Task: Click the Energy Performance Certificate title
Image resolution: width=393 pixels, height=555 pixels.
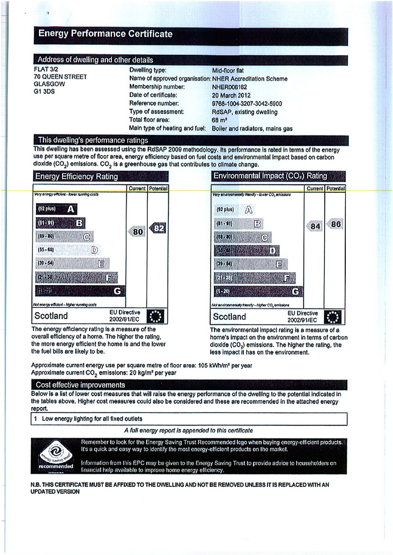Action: pyautogui.click(x=105, y=35)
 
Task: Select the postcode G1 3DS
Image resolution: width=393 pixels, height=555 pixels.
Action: pyautogui.click(x=45, y=92)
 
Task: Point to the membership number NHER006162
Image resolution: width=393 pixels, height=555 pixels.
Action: pyautogui.click(x=229, y=87)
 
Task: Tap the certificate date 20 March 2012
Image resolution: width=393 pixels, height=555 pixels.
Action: pyautogui.click(x=231, y=95)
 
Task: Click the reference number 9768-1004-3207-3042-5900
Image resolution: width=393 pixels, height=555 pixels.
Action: pyautogui.click(x=246, y=104)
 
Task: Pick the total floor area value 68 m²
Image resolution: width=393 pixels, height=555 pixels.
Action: pyautogui.click(x=219, y=120)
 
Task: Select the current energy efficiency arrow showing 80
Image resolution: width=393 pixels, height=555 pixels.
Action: pyautogui.click(x=137, y=231)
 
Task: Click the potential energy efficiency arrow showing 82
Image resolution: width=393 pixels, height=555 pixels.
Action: pyautogui.click(x=158, y=229)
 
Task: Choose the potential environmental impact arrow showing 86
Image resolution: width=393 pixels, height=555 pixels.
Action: pyautogui.click(x=335, y=224)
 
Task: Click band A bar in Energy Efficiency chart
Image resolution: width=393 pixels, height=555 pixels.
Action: pyautogui.click(x=56, y=209)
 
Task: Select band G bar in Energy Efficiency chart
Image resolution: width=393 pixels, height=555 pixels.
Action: pyautogui.click(x=80, y=291)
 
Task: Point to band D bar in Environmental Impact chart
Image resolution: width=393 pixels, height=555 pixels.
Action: pyautogui.click(x=247, y=250)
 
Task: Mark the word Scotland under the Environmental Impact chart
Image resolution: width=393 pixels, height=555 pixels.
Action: pyautogui.click(x=229, y=317)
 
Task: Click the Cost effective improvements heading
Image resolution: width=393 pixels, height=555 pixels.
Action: pyautogui.click(x=80, y=385)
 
